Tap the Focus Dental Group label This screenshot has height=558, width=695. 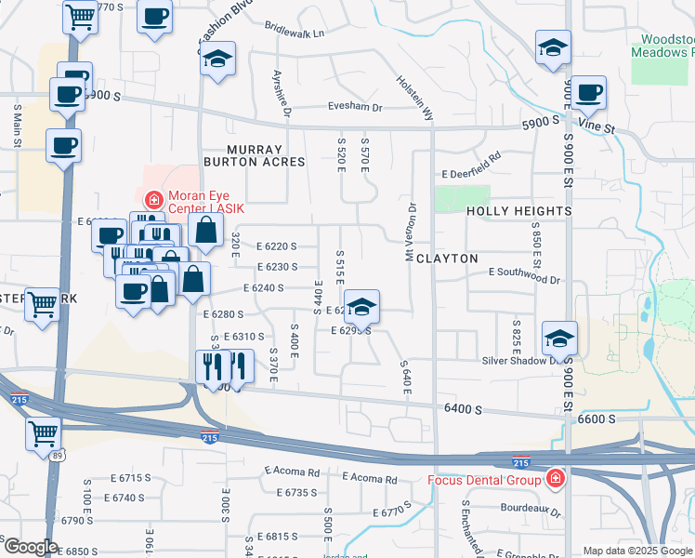coord(482,480)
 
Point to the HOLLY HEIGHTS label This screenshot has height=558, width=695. coord(518,211)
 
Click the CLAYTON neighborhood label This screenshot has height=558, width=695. coord(447,258)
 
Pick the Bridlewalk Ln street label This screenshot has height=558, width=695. coord(294,33)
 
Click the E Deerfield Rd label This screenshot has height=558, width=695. coord(471,174)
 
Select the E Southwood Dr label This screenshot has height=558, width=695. coord(525,278)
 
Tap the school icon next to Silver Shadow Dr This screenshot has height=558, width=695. coord(559,337)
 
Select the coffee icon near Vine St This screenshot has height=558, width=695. coord(588,92)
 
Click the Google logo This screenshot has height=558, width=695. coord(31,547)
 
